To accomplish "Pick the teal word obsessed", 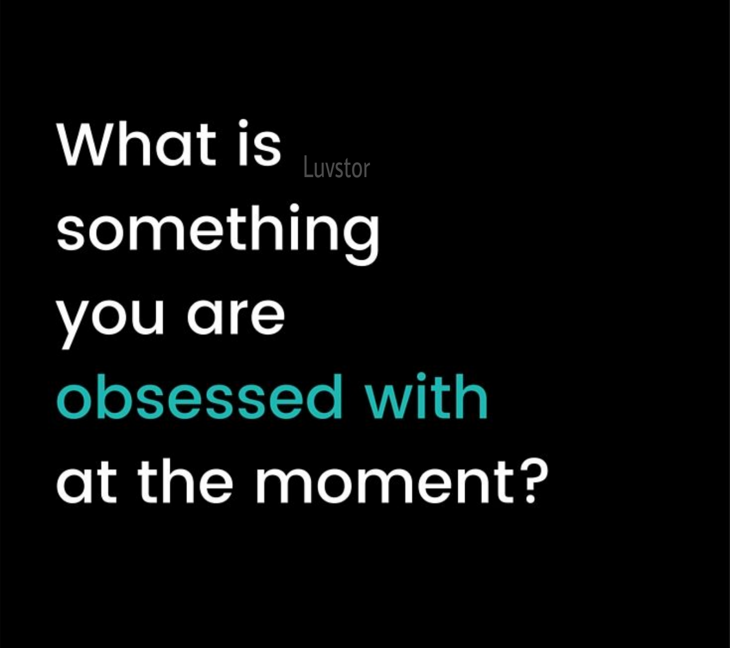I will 199,397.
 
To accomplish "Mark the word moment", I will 384,480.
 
